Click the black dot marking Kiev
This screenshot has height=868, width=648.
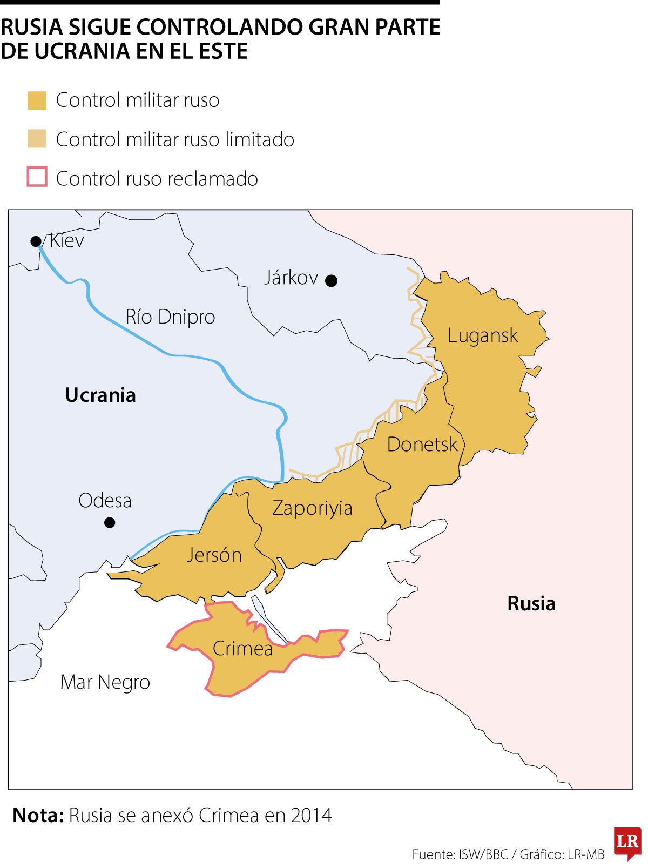click(36, 241)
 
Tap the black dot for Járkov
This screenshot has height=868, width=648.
click(332, 280)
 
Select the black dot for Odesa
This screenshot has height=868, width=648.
click(110, 522)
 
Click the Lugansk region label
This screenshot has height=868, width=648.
click(482, 335)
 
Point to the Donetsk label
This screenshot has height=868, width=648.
click(422, 445)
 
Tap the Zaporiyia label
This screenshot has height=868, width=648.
click(312, 508)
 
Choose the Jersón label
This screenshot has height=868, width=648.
click(214, 555)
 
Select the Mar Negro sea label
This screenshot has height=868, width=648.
click(105, 682)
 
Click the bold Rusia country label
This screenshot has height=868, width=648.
click(531, 603)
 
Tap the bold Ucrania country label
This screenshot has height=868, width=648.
click(100, 395)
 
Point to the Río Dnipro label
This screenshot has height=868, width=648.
click(170, 317)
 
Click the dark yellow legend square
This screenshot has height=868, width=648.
click(37, 100)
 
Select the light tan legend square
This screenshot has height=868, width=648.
click(37, 139)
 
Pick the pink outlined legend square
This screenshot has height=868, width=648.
click(37, 177)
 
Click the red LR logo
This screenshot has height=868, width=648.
click(627, 842)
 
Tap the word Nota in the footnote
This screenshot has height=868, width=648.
click(38, 815)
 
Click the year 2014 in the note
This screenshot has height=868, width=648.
click(310, 815)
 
